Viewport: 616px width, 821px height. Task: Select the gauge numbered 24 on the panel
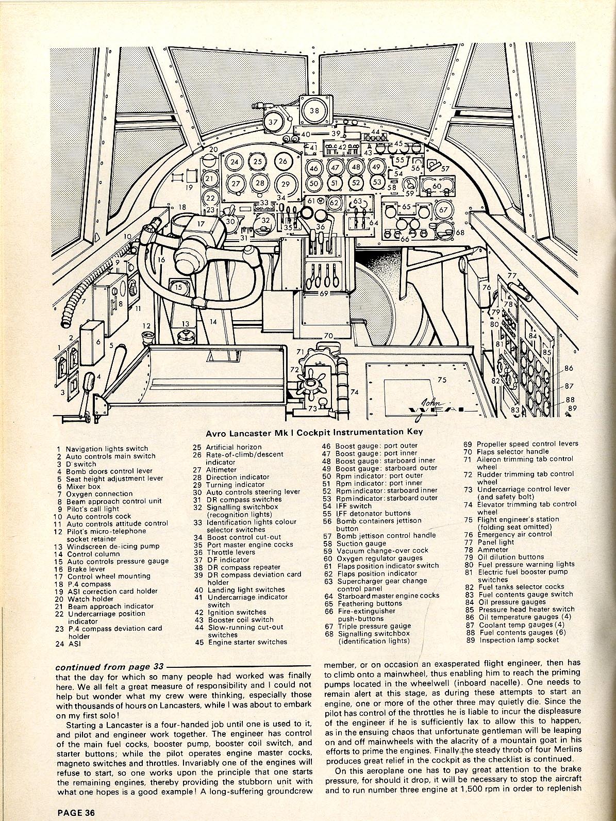click(x=235, y=162)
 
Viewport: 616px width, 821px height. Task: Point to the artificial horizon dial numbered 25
click(x=258, y=161)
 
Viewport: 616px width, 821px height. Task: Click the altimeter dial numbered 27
click(x=236, y=184)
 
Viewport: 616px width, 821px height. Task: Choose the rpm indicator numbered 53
click(x=377, y=182)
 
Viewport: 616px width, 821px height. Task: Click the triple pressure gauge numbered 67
click(x=443, y=210)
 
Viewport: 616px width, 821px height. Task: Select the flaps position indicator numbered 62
click(x=334, y=203)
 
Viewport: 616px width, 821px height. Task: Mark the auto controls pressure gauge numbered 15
click(x=178, y=288)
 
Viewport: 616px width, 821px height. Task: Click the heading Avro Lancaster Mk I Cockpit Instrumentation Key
click(x=314, y=432)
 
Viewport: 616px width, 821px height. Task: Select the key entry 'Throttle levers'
click(x=230, y=552)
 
